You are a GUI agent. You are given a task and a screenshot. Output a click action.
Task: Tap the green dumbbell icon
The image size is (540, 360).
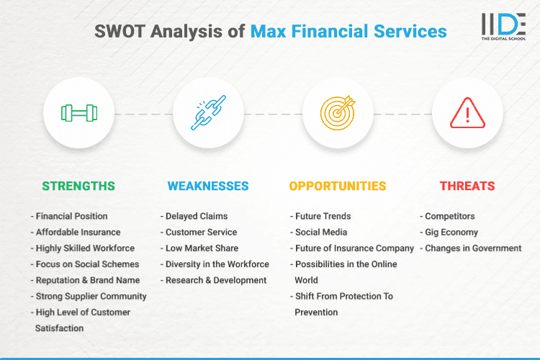[79, 113]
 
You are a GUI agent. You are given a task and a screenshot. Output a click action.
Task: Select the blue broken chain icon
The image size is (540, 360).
[209, 113]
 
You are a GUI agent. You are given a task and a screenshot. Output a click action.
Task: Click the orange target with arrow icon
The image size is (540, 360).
[338, 113]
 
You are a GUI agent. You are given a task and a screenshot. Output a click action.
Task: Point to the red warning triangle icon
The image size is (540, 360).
[467, 113]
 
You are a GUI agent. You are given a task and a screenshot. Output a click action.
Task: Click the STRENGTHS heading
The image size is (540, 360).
[78, 186]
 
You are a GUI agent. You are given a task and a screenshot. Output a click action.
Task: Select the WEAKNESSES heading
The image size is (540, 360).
[208, 186]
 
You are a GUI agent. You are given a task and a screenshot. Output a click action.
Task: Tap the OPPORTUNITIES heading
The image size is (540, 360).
[338, 186]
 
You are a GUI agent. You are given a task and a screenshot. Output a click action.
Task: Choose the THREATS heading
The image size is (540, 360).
[467, 186]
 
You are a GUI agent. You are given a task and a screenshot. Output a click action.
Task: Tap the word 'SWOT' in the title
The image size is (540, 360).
[120, 32]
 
